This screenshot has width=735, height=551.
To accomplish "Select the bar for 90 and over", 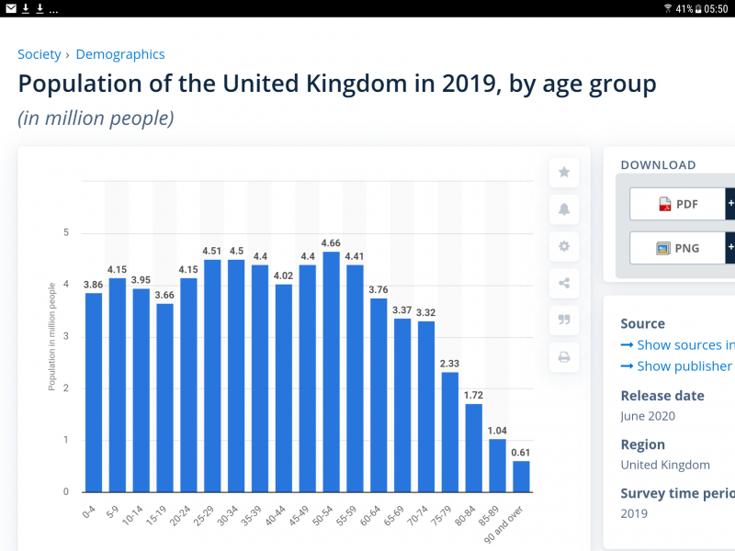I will coord(521,476).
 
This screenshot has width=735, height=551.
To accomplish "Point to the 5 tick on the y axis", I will coord(66,232).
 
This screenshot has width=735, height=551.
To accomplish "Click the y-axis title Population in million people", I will coord(52,336).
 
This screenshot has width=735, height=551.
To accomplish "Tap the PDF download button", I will coord(678,204).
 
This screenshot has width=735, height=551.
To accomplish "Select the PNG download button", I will coord(678,248).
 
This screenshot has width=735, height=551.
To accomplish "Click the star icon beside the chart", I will coord(564,172).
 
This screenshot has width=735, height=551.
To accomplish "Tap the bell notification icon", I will coord(564,209).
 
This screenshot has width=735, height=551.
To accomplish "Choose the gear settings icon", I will coord(564,246).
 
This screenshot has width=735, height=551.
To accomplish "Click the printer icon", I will coord(564,357).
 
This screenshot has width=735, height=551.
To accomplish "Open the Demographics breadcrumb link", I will coord(120,54).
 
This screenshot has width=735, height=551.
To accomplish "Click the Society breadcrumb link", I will coord(40,54).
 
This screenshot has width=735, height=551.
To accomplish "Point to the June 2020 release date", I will coord(648,416).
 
